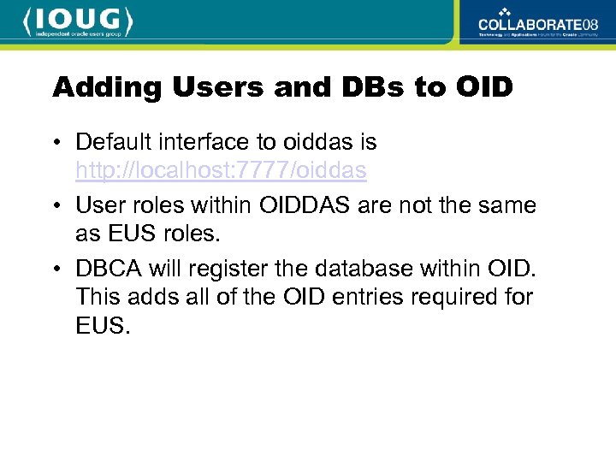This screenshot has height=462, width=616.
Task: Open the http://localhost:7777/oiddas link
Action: click(221, 171)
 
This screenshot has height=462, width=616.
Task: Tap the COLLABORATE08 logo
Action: click(538, 22)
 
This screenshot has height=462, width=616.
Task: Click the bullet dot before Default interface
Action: click(56, 141)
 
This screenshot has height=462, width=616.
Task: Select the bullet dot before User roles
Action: click(56, 206)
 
